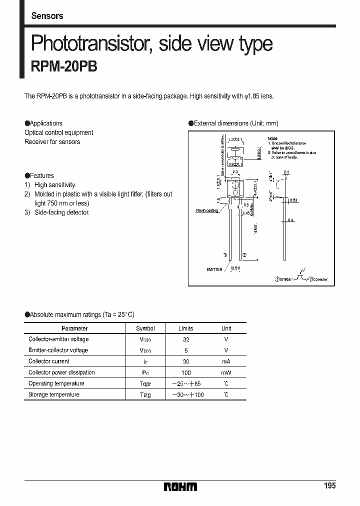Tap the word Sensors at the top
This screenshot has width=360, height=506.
click(x=47, y=15)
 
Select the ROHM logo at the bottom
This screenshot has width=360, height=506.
click(x=180, y=486)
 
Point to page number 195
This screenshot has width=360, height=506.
click(x=329, y=486)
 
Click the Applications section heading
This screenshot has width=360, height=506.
click(x=45, y=123)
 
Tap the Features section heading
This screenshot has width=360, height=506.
click(x=41, y=175)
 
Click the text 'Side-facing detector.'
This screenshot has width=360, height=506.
click(x=61, y=212)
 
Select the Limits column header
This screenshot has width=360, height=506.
click(x=185, y=328)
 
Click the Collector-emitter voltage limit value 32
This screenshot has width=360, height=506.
click(x=185, y=339)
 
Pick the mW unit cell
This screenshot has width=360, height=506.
click(x=226, y=372)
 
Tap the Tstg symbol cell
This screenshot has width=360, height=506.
click(x=145, y=394)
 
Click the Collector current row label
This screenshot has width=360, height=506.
click(x=49, y=361)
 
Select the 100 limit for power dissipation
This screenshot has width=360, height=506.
click(x=185, y=372)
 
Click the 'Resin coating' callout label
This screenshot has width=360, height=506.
click(x=206, y=210)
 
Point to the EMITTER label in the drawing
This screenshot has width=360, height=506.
click(x=214, y=269)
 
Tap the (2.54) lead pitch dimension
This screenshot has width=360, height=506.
click(x=235, y=269)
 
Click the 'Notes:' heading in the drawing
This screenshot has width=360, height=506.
click(x=272, y=138)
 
